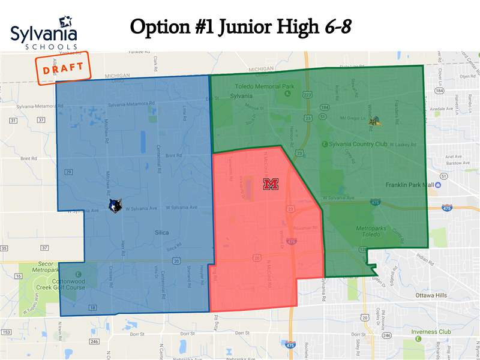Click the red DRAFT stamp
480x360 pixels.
coord(62,68)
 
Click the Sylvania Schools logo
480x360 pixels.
coord(44,34)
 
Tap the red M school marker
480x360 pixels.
coord(271,184)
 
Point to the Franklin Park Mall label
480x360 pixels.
coord(410,185)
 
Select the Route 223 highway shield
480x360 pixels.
coord(307,94)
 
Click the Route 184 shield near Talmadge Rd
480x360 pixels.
coord(439,91)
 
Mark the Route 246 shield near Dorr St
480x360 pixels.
coord(94,341)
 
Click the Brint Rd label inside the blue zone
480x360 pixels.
coord(173,155)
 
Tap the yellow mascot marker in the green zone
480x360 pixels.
coord(374,121)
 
